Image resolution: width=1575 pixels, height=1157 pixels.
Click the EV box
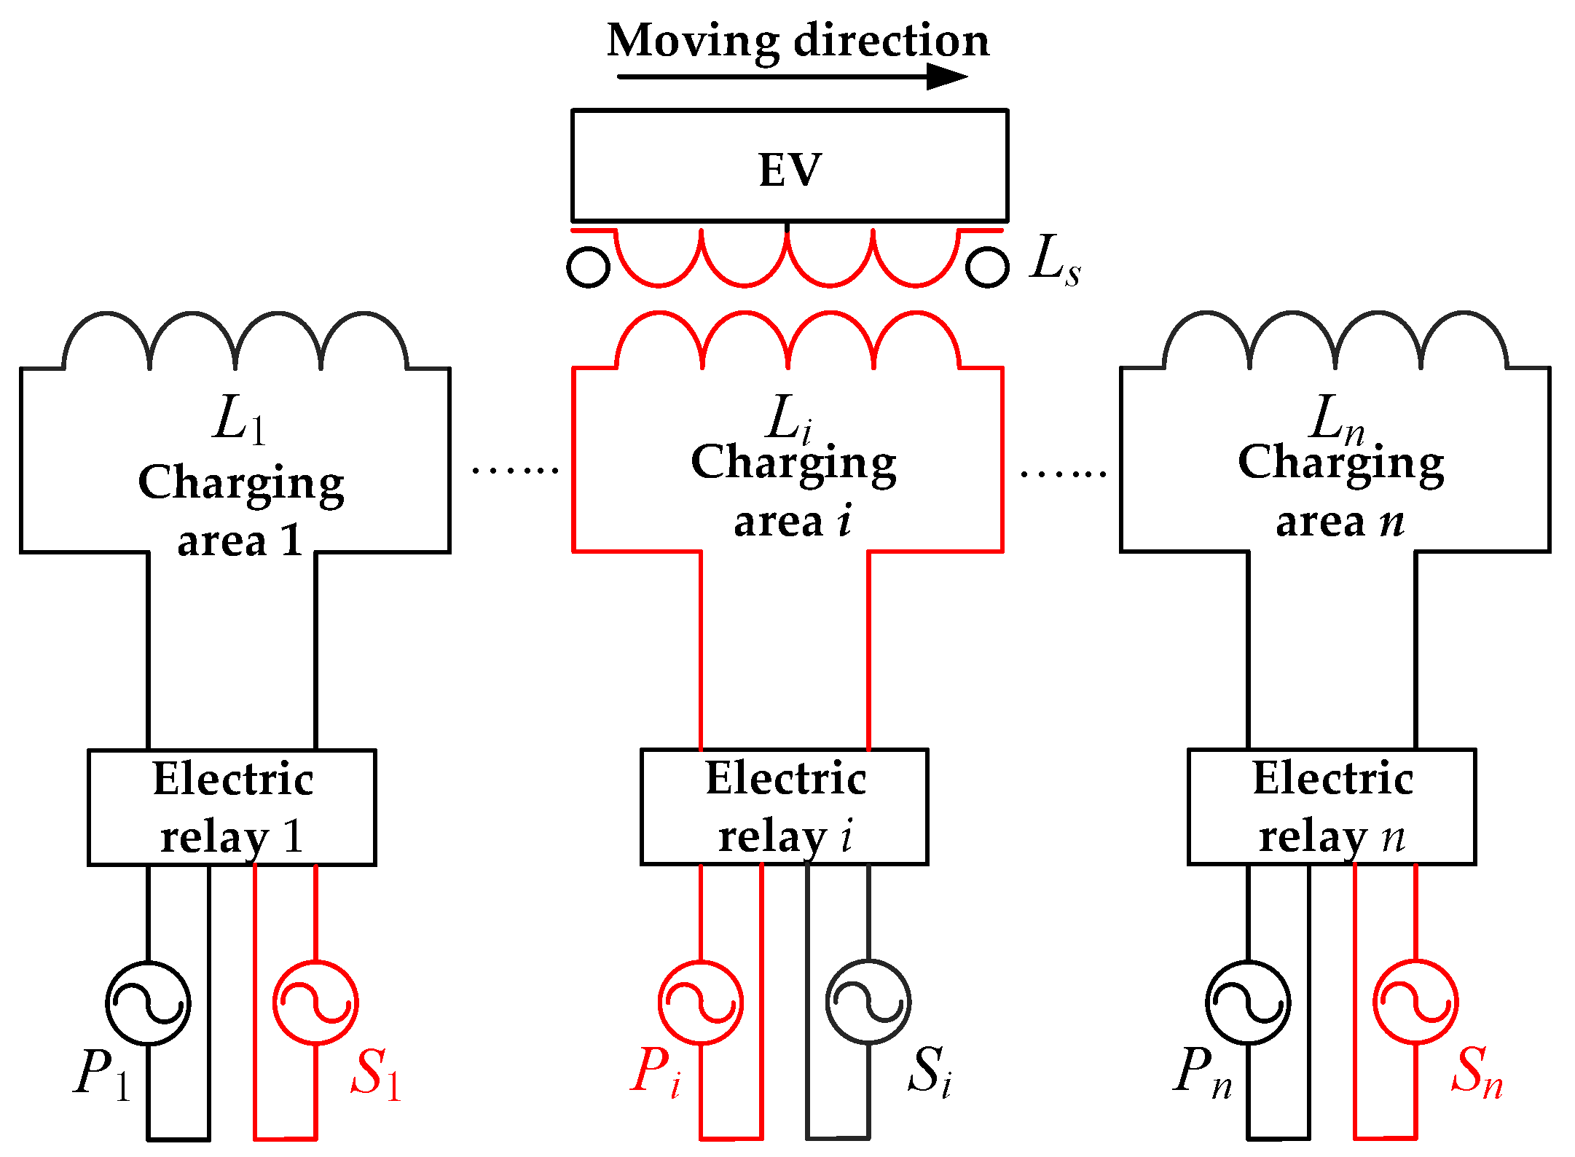[x=790, y=166]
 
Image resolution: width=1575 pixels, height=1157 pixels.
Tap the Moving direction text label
[x=798, y=40]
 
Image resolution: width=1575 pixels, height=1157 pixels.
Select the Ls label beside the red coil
[x=1054, y=261]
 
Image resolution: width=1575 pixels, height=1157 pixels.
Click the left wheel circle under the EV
[x=588, y=267]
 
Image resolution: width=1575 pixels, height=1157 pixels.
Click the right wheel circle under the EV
[x=987, y=267]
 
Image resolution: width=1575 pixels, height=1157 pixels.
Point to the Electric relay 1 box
[x=232, y=807]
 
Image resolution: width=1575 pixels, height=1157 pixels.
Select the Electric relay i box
[x=785, y=807]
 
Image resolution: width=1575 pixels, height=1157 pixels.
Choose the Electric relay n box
[x=1332, y=807]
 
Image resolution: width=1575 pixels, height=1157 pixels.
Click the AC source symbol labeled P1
[x=148, y=1003]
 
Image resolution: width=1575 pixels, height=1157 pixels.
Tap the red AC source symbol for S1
[x=315, y=1003]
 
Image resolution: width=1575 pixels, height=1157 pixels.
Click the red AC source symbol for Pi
[x=701, y=1003]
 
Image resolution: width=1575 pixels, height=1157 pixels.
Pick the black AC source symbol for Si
[x=868, y=1003]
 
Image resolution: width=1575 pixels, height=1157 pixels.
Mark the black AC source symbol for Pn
[x=1248, y=1003]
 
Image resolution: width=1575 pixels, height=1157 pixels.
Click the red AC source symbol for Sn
[x=1415, y=1003]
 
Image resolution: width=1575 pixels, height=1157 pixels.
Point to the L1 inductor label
[x=239, y=420]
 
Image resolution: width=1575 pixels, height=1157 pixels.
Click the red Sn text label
[x=1476, y=1072]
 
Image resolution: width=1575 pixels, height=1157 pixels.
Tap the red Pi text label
[x=656, y=1072]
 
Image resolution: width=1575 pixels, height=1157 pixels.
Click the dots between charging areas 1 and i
[x=515, y=471]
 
